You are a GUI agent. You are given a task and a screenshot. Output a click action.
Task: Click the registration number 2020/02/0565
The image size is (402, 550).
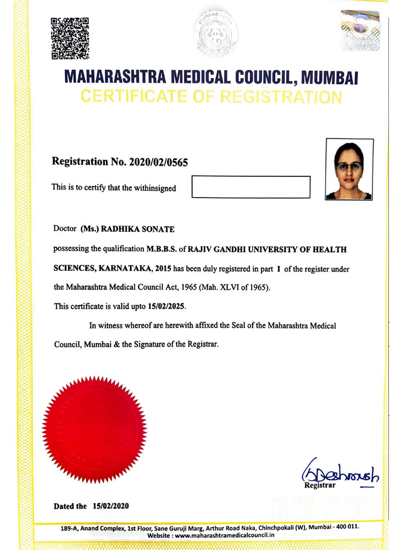pos(156,162)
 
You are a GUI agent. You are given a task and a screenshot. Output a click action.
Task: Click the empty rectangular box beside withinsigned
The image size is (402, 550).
pos(251,187)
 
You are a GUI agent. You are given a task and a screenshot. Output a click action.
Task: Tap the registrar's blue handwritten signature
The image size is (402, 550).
pos(340,473)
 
